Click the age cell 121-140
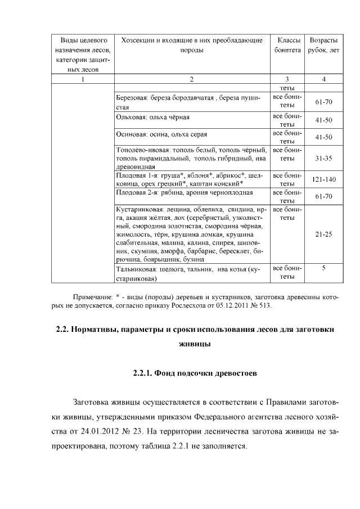[x=323, y=179]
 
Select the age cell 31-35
[x=323, y=159]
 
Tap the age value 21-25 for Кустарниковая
[x=323, y=233]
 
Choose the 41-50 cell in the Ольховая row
[x=323, y=120]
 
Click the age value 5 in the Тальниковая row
[x=323, y=268]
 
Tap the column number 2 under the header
[x=192, y=79]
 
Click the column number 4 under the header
[x=323, y=79]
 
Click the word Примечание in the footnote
[x=92, y=296]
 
